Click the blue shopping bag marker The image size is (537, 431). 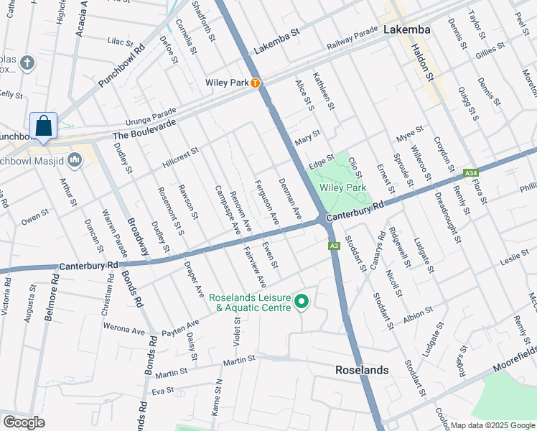44,126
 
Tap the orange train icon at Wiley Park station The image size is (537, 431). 255,83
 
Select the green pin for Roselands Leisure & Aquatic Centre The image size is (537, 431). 302,302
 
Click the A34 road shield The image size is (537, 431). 471,173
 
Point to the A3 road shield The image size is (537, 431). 334,246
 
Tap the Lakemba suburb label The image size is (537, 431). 407,30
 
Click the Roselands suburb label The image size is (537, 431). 363,370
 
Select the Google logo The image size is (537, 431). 24,422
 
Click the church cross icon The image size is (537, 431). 28,63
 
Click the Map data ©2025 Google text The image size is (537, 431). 492,425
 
